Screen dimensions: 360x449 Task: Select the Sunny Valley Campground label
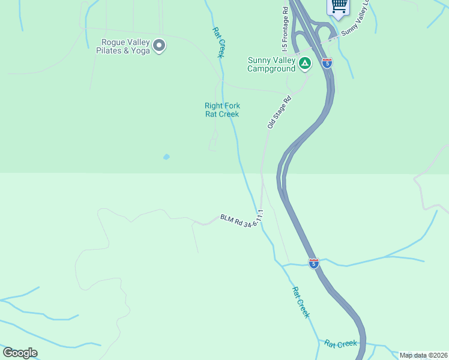coord(271,64)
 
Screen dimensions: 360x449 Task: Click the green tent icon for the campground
coord(305,62)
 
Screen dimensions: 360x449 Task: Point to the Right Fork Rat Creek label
coord(222,110)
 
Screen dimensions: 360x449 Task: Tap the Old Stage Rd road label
coord(279,112)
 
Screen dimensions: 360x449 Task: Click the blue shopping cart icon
coord(339,6)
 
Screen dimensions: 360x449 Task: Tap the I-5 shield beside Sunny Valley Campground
coord(327,62)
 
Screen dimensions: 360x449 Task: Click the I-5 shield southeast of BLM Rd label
coord(313,263)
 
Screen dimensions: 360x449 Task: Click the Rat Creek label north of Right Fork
coord(217,42)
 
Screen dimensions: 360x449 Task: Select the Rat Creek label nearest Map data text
coord(341,344)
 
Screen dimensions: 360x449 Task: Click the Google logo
coord(20,353)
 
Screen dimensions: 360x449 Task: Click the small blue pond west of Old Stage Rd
coord(166,157)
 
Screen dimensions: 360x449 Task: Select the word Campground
coord(271,68)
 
